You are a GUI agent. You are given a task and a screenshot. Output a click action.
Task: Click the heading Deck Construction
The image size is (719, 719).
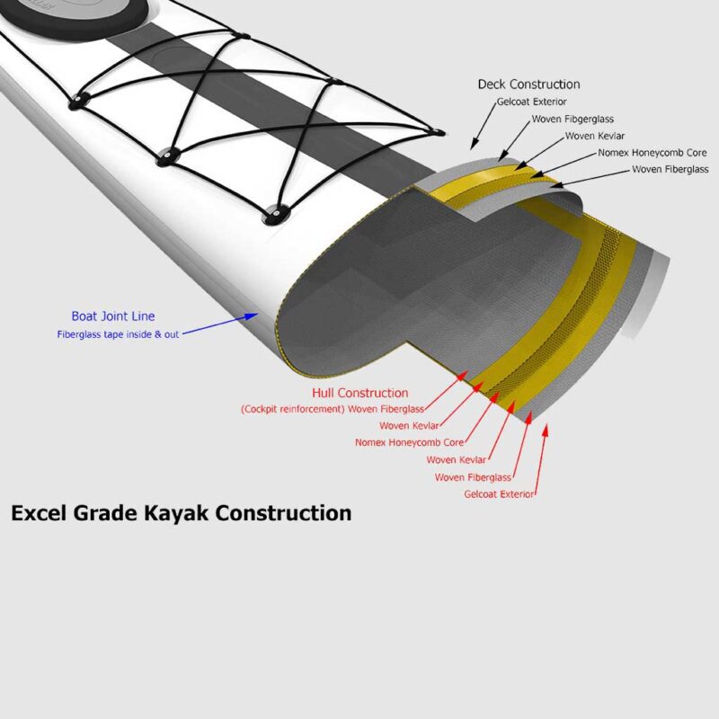coord(528,84)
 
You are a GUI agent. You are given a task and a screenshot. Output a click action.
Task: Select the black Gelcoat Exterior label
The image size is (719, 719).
coord(532,102)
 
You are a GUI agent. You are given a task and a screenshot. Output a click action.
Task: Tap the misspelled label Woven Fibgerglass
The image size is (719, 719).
coord(573,120)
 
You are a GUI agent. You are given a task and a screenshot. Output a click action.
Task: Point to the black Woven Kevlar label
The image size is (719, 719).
coord(595,136)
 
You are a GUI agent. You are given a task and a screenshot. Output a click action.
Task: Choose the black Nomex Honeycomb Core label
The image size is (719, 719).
coord(652,153)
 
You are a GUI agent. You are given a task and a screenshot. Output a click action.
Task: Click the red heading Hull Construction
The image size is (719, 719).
coord(360,393)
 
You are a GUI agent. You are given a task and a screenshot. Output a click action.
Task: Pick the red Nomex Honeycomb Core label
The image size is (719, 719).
coord(409,442)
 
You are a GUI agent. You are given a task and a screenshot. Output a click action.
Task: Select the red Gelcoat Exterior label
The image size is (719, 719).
coord(499,494)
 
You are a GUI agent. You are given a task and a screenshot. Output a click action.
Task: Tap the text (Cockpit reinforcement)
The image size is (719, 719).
coord(293,409)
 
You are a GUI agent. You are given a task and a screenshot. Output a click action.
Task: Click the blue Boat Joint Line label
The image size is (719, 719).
coord(113,316)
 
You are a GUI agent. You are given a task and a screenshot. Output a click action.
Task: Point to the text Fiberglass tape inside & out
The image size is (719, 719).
coord(118,334)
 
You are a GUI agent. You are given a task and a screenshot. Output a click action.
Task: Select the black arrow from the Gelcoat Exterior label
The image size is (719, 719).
coord(484,126)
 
